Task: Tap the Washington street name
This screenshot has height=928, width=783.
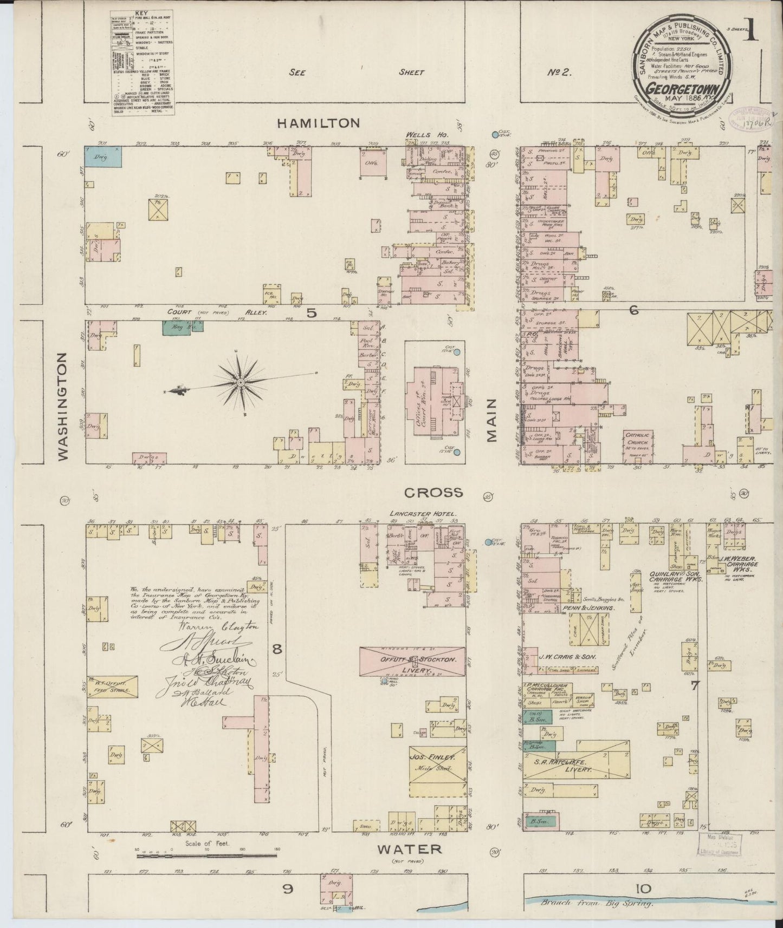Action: tap(63, 407)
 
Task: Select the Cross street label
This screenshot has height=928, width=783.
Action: tap(433, 492)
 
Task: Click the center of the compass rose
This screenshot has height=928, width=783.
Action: tap(239, 382)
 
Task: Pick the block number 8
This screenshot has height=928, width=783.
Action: tap(277, 649)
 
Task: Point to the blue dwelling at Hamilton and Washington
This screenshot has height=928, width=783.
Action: tap(103, 156)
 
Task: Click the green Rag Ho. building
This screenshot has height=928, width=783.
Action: tap(182, 325)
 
